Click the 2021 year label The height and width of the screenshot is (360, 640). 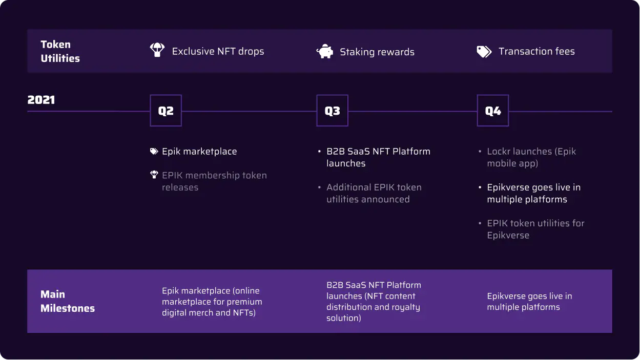pos(41,100)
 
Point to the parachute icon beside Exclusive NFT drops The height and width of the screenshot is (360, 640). pos(157,50)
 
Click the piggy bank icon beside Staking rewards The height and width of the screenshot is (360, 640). pos(325,51)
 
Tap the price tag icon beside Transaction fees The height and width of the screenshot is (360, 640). pos(484,52)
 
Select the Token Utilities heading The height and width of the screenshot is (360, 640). pos(60,51)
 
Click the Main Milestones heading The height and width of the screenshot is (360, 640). pos(68,301)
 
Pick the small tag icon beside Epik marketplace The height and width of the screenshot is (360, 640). pos(154,151)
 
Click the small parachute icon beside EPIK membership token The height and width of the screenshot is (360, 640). pos(154,175)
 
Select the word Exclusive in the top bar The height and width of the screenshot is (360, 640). pos(193,51)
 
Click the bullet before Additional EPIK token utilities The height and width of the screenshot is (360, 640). pos(319,187)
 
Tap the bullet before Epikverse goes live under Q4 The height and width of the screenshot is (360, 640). pos(480,187)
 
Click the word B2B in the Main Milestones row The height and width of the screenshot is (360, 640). pos(334,285)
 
